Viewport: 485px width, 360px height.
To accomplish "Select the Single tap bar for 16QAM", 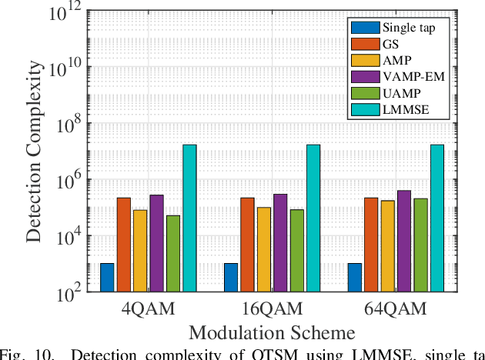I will pos(231,278).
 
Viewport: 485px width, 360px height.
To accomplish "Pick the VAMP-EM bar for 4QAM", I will pos(156,243).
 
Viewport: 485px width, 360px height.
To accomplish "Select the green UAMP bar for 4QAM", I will pos(173,254).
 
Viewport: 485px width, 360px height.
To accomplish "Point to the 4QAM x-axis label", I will pos(149,309).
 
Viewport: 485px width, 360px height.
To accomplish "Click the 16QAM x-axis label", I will pos(272,309).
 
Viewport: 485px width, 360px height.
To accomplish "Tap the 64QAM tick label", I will pos(396,309).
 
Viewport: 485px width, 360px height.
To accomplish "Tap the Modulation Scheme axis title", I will pos(272,333).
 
